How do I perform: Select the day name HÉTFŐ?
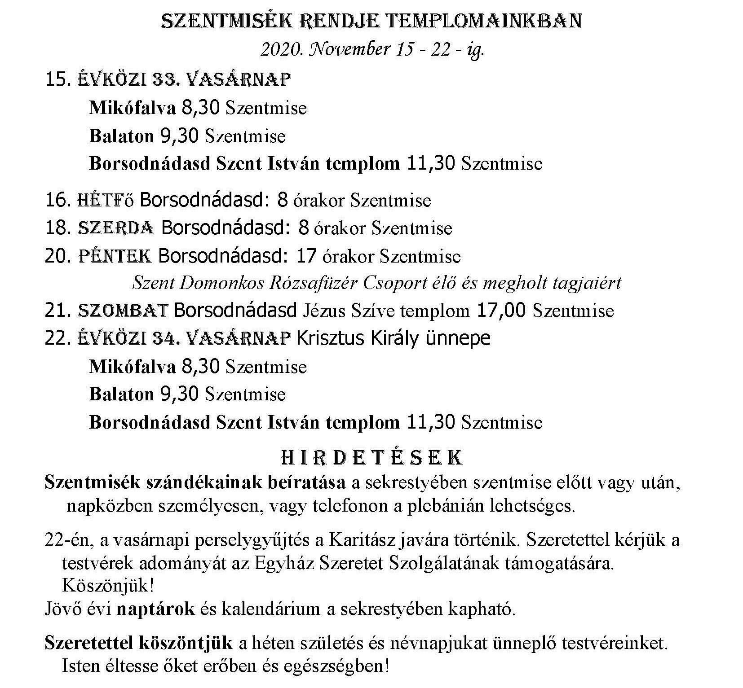[106, 200]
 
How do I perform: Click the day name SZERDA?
[116, 228]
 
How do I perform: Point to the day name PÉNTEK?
[115, 256]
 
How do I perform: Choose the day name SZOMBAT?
[123, 311]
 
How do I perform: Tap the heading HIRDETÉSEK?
[371, 457]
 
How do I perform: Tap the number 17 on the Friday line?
[307, 256]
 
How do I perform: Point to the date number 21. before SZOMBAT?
[58, 311]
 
